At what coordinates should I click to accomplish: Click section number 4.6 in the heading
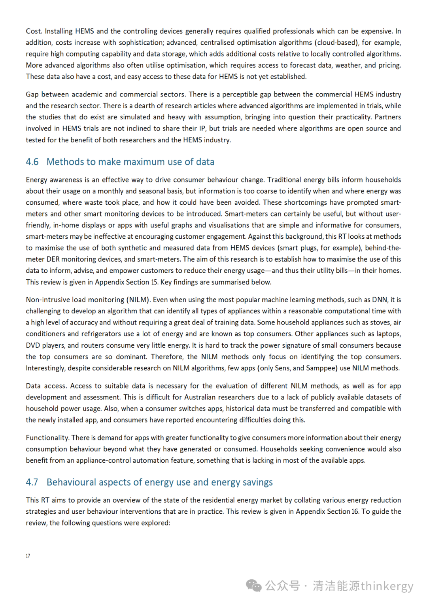pyautogui.click(x=32, y=162)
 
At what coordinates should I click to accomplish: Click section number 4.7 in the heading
pyautogui.click(x=32, y=482)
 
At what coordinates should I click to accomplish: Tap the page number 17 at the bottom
pyautogui.click(x=28, y=556)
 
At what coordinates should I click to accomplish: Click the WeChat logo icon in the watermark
pyautogui.click(x=253, y=586)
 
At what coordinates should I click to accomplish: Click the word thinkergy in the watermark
pyautogui.click(x=387, y=586)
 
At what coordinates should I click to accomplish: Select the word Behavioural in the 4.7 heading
pyautogui.click(x=71, y=482)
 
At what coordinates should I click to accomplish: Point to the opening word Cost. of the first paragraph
pyautogui.click(x=34, y=31)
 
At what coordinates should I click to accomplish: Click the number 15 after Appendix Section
pyautogui.click(x=154, y=283)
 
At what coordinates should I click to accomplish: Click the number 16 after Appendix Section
pyautogui.click(x=355, y=512)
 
